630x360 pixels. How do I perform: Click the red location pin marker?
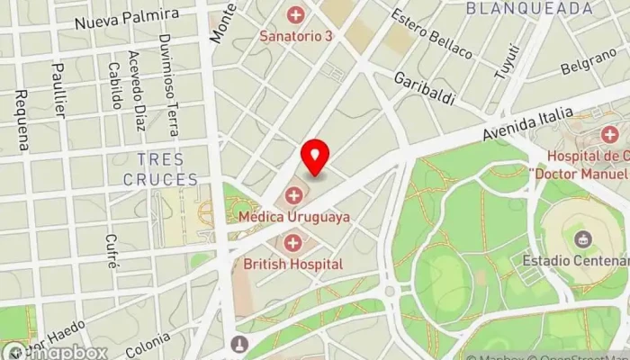coord(315,158)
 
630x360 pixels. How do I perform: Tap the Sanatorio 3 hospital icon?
coord(294,14)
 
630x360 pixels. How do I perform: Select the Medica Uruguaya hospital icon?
coord(294,195)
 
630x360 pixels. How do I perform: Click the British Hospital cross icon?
coord(292,242)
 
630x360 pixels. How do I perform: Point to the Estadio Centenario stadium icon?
coord(580,239)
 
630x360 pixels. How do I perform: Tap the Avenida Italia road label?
coord(526,126)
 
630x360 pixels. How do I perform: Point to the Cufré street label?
coord(111,251)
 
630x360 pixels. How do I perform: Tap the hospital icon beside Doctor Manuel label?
coord(609,135)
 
